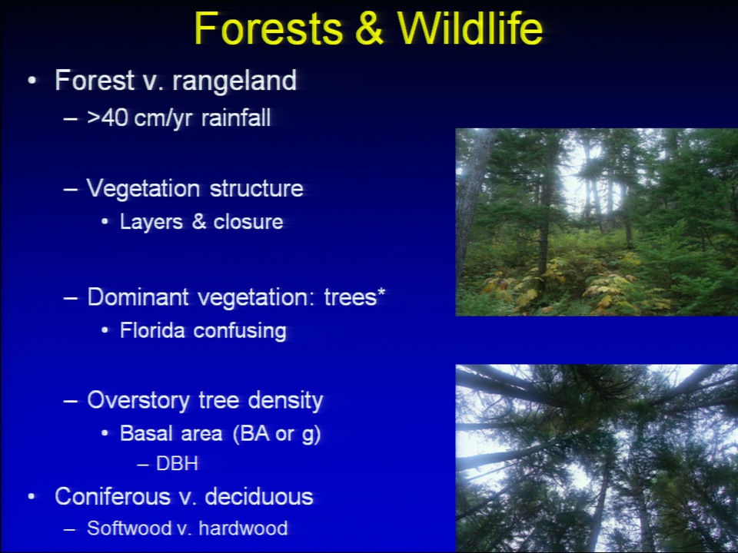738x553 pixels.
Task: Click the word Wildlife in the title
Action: [470, 28]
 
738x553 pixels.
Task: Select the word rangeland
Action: [234, 81]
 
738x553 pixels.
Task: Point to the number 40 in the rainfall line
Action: [115, 118]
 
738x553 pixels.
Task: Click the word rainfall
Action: [236, 118]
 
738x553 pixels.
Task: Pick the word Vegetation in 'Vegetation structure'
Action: [143, 190]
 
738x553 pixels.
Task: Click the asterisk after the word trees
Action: [381, 293]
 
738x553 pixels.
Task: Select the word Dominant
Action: [138, 297]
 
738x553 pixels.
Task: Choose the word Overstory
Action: [138, 401]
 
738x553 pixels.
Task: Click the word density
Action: [285, 401]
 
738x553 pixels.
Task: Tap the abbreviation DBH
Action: [177, 464]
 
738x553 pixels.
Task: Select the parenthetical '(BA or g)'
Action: [277, 434]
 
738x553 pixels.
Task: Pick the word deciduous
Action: [259, 497]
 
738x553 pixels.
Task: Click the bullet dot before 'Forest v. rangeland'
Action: [32, 81]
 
